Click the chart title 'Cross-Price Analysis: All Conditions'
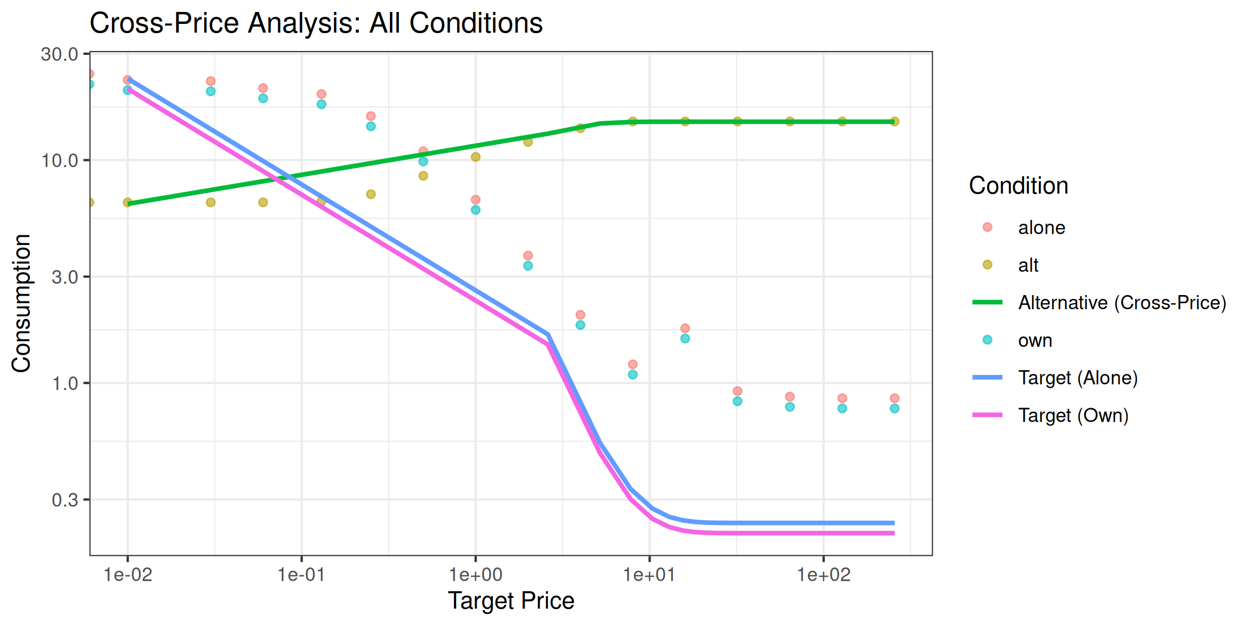(316, 23)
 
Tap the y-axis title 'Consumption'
(21, 303)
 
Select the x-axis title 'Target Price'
(511, 601)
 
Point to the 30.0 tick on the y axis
(60, 54)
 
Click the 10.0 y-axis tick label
(60, 161)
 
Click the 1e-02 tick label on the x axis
(128, 575)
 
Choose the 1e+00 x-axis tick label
(476, 575)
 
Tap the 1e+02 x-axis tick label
(824, 575)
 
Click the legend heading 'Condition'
(1019, 186)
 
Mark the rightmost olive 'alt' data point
(895, 122)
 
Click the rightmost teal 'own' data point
(895, 409)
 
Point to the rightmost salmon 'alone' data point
(895, 398)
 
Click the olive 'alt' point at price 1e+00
(476, 157)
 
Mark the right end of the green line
(894, 122)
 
